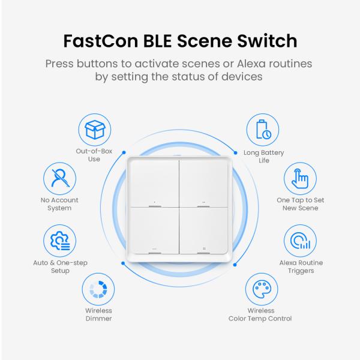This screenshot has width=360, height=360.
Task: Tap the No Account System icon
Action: coord(60,179)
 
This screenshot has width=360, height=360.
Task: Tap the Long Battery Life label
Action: coord(264,157)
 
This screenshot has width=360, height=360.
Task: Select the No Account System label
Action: coord(60,204)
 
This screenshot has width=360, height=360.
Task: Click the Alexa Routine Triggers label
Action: coord(300,266)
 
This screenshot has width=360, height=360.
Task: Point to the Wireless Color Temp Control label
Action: coord(260,314)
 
